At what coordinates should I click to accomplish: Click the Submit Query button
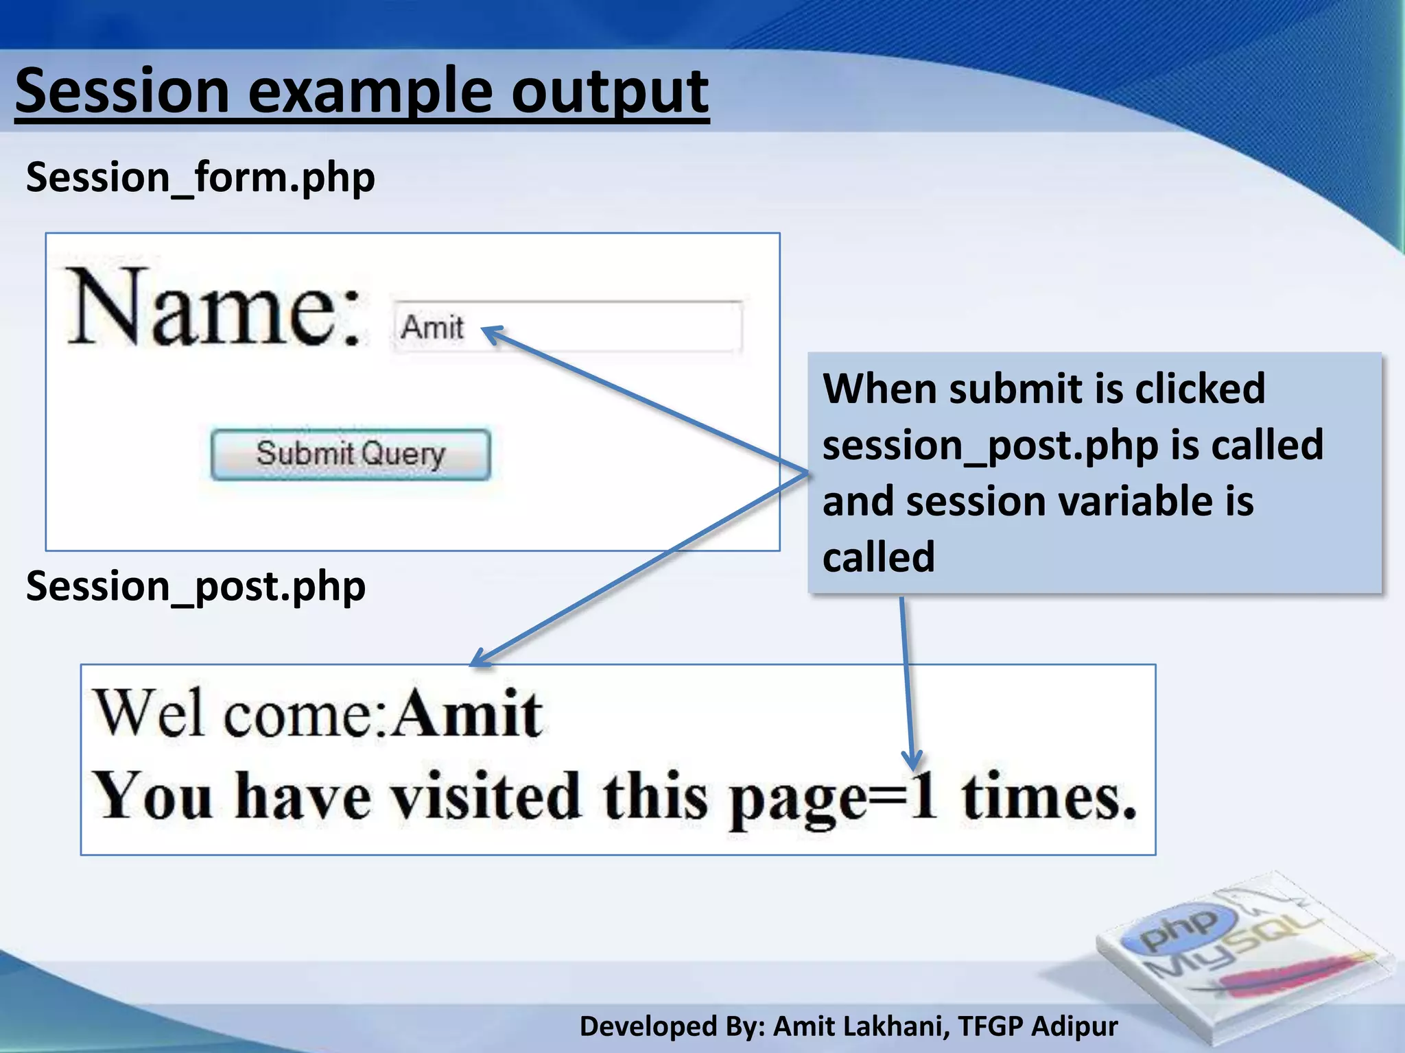pyautogui.click(x=351, y=455)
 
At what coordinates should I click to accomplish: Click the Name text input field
pyautogui.click(x=604, y=327)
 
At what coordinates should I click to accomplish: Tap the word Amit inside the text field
pyautogui.click(x=432, y=327)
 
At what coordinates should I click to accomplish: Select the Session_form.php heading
pyautogui.click(x=200, y=178)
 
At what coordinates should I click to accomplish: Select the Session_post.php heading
pyautogui.click(x=196, y=587)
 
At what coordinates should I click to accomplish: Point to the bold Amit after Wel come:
pyautogui.click(x=469, y=714)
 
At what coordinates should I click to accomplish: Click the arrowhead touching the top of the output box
pyautogui.click(x=480, y=657)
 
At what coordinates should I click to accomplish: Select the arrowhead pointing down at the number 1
pyautogui.click(x=912, y=760)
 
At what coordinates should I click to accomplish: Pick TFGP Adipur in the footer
pyautogui.click(x=1037, y=1026)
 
